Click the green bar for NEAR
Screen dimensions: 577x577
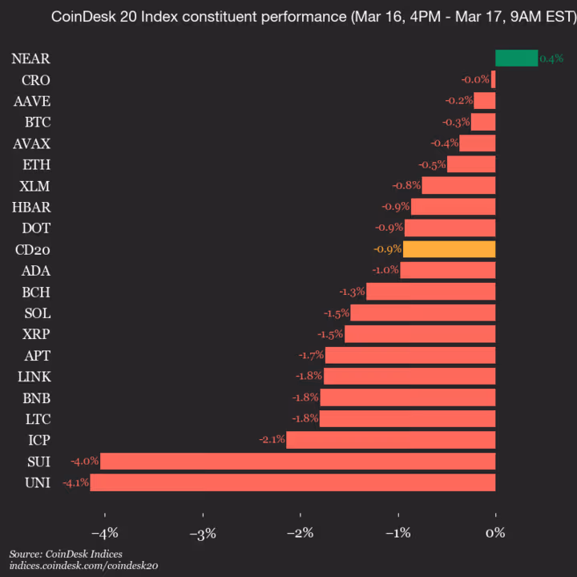[x=516, y=58]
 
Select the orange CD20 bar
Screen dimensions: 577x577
[x=449, y=249]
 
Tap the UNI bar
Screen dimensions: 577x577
[x=293, y=482]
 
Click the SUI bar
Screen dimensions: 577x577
[x=297, y=461]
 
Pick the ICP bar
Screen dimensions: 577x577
[x=390, y=440]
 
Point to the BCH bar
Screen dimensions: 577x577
[x=430, y=292]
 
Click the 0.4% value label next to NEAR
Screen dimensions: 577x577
[x=551, y=59]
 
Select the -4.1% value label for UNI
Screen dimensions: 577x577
[x=75, y=482]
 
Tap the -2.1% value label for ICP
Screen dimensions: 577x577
[x=272, y=440]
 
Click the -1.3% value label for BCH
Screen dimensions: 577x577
[x=352, y=292]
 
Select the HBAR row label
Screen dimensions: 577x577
[x=32, y=207]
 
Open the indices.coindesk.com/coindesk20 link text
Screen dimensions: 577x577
[x=83, y=566]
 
